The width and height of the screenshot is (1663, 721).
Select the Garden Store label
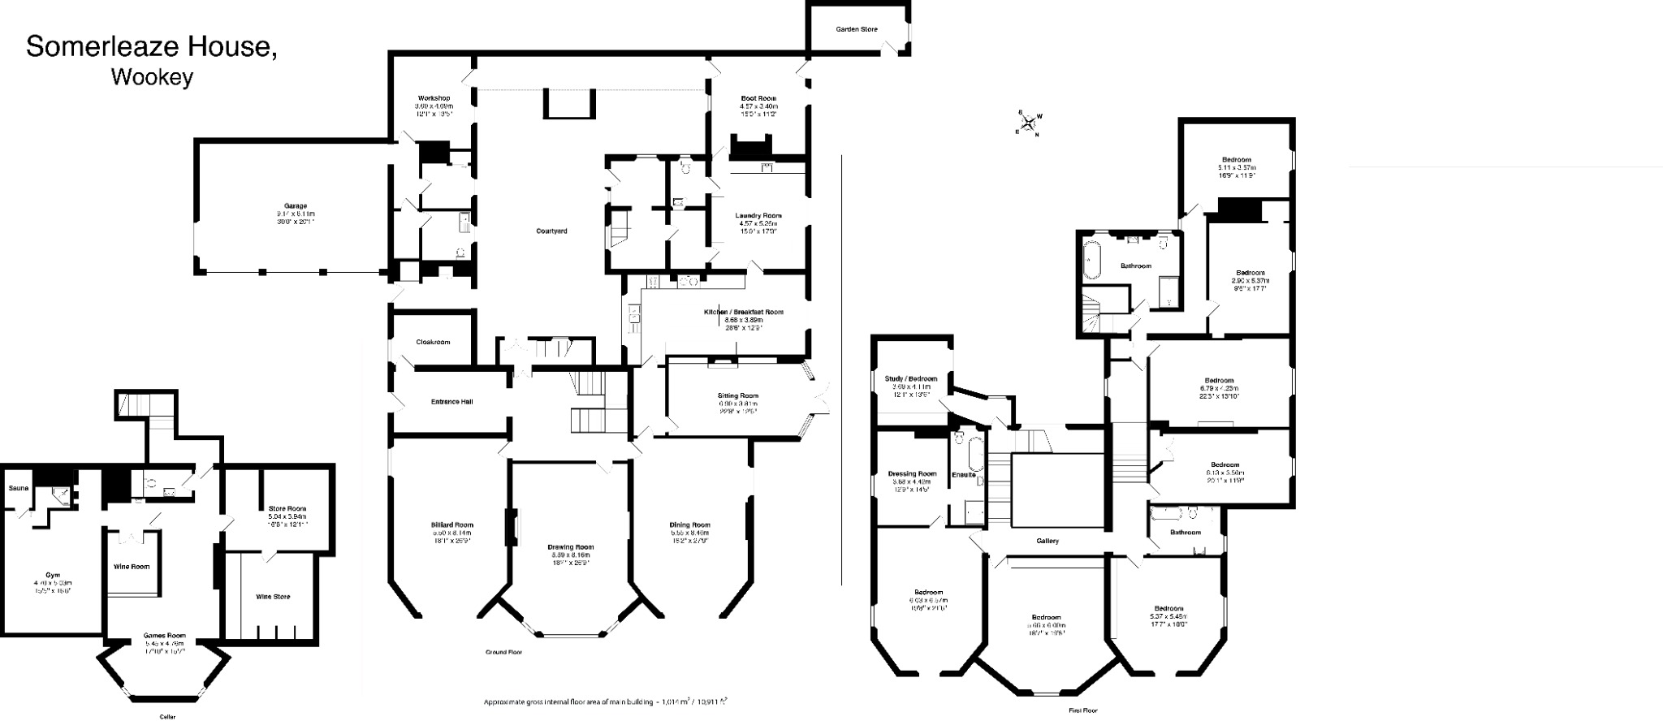coord(857,29)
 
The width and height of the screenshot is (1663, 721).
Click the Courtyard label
coord(551,231)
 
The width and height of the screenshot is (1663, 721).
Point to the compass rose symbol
coord(1029,123)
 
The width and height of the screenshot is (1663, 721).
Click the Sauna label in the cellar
coord(18,489)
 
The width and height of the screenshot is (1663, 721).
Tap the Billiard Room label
coord(452,525)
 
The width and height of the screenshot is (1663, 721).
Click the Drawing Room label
coord(570,546)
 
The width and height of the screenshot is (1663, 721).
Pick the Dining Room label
coord(689,525)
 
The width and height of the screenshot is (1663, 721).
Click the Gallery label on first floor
coord(1047,541)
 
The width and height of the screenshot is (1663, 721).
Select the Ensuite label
coord(963,474)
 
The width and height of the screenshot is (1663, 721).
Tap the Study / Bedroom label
coord(910,378)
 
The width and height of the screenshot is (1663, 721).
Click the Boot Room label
coord(758,98)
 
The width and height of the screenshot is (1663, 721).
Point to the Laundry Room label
coord(758,215)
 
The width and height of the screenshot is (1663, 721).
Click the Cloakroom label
coord(433,342)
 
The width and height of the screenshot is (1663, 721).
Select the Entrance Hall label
coord(452,401)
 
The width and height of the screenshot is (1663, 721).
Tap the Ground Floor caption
coord(503,652)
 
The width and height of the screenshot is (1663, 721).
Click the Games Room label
coord(165,636)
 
